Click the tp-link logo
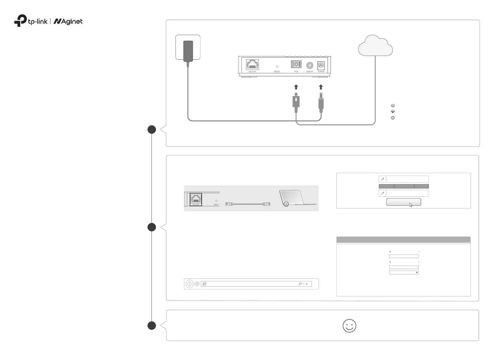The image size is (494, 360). coord(31,21)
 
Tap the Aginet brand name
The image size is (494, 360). coord(68,21)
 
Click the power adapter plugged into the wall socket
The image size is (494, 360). coord(188,51)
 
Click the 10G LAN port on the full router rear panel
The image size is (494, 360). coord(252,64)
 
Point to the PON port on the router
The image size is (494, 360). coord(296,64)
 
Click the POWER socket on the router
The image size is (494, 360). coord(321,65)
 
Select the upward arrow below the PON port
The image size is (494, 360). coord(296,87)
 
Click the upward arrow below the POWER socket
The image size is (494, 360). coord(321,87)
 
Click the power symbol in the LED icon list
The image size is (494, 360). coord(393,105)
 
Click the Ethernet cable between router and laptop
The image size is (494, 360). coord(248,204)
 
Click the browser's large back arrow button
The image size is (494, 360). coord(189,284)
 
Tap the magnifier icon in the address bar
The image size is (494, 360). coord(300,284)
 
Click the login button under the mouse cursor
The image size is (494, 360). coord(403,202)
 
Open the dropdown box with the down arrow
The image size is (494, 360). coord(404,272)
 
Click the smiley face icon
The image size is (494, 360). coord(349,326)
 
